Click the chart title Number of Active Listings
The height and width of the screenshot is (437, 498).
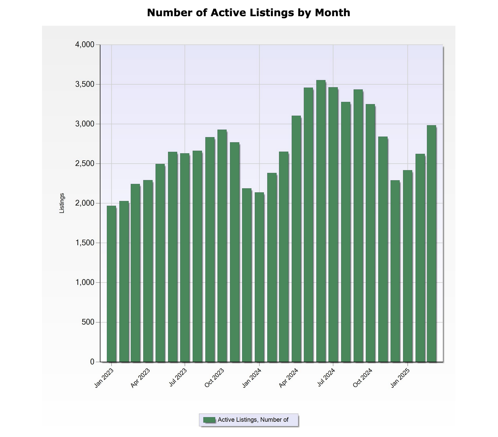coord(248,13)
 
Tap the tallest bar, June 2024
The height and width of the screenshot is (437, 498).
coord(321,221)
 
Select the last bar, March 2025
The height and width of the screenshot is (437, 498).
coord(432,243)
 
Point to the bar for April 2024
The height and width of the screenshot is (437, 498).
coord(296,239)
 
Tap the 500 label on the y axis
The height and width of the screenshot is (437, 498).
coord(88,322)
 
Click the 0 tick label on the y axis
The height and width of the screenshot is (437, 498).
coord(92,362)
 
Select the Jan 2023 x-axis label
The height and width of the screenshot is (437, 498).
coord(104,378)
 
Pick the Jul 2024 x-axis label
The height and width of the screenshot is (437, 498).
coord(326,378)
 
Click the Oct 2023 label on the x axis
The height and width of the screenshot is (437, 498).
coord(214,378)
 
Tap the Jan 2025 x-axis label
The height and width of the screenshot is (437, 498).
coord(400,378)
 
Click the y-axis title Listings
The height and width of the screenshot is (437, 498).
coord(62,203)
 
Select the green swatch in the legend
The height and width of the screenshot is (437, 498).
coord(209,420)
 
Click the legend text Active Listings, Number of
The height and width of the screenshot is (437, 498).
coord(253,420)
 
